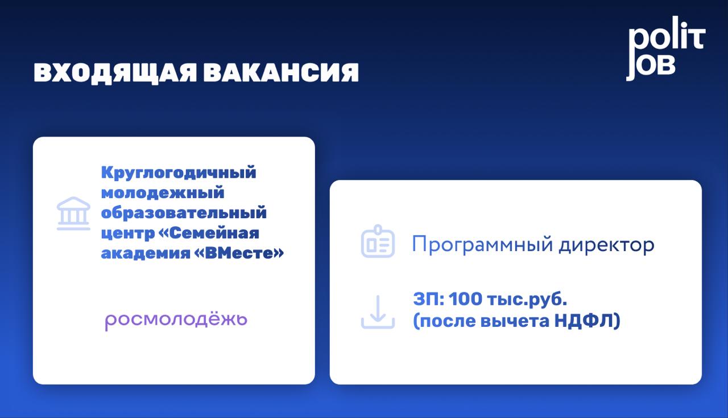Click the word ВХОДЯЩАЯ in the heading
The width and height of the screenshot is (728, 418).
coord(115,72)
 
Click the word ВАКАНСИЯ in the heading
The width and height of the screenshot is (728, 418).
coord(281,72)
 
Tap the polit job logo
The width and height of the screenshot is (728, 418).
coord(666,48)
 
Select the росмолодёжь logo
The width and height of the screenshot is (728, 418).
coord(176,321)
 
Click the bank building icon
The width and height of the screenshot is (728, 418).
coord(73,213)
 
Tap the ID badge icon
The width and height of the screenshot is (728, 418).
coord(378,241)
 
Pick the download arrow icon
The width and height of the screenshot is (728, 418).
coord(378,312)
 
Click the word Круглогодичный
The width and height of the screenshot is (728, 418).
coord(179,173)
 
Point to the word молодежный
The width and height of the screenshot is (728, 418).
coord(163,193)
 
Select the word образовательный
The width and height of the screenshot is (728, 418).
coord(184,212)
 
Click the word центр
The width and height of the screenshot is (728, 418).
coord(128,233)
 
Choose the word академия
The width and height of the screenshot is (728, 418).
coord(145,253)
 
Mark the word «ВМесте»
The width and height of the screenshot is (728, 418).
coord(239,253)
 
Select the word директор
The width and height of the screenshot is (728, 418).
coord(606,245)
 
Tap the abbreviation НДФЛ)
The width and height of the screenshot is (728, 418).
coord(588,321)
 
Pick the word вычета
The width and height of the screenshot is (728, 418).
coord(515,321)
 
